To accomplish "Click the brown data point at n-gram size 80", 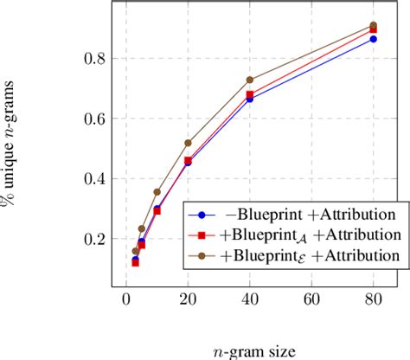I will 373,26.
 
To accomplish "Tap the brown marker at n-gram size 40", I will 250,80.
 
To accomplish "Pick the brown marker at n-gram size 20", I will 188,143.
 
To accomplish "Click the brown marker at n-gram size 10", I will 157,191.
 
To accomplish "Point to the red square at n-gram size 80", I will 373,29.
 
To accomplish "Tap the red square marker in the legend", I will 202,235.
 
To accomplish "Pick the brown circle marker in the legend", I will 202,255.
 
